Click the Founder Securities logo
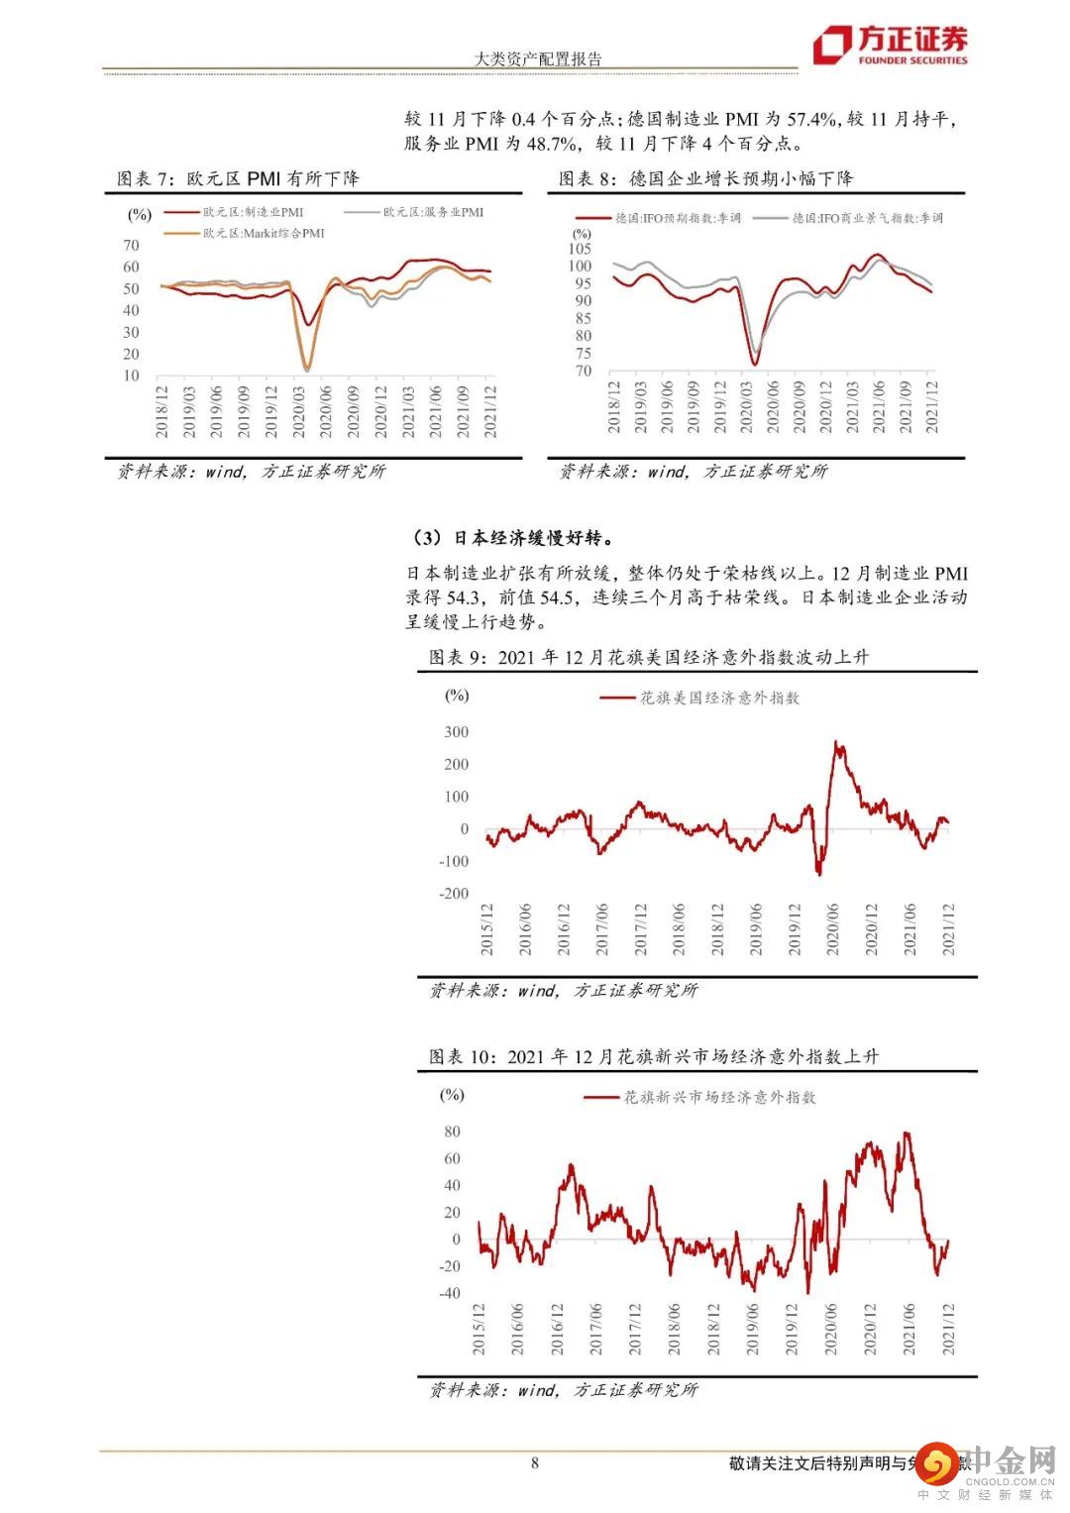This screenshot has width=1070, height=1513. [x=890, y=46]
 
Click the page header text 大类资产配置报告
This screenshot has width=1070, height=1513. [x=538, y=58]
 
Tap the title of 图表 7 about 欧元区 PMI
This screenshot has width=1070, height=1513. [x=238, y=179]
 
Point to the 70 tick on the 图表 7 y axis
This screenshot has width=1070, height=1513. [x=131, y=245]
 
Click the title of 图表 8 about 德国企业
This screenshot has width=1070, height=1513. [x=705, y=179]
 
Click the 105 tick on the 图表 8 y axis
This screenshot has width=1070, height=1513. [x=580, y=249]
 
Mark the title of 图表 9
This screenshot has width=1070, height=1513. [x=648, y=657]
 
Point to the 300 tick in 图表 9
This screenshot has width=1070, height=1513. [x=457, y=732]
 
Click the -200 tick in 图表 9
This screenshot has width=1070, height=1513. [x=454, y=894]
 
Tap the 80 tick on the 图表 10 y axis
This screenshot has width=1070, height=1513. [x=452, y=1132]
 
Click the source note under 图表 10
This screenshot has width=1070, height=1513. [x=564, y=1390]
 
